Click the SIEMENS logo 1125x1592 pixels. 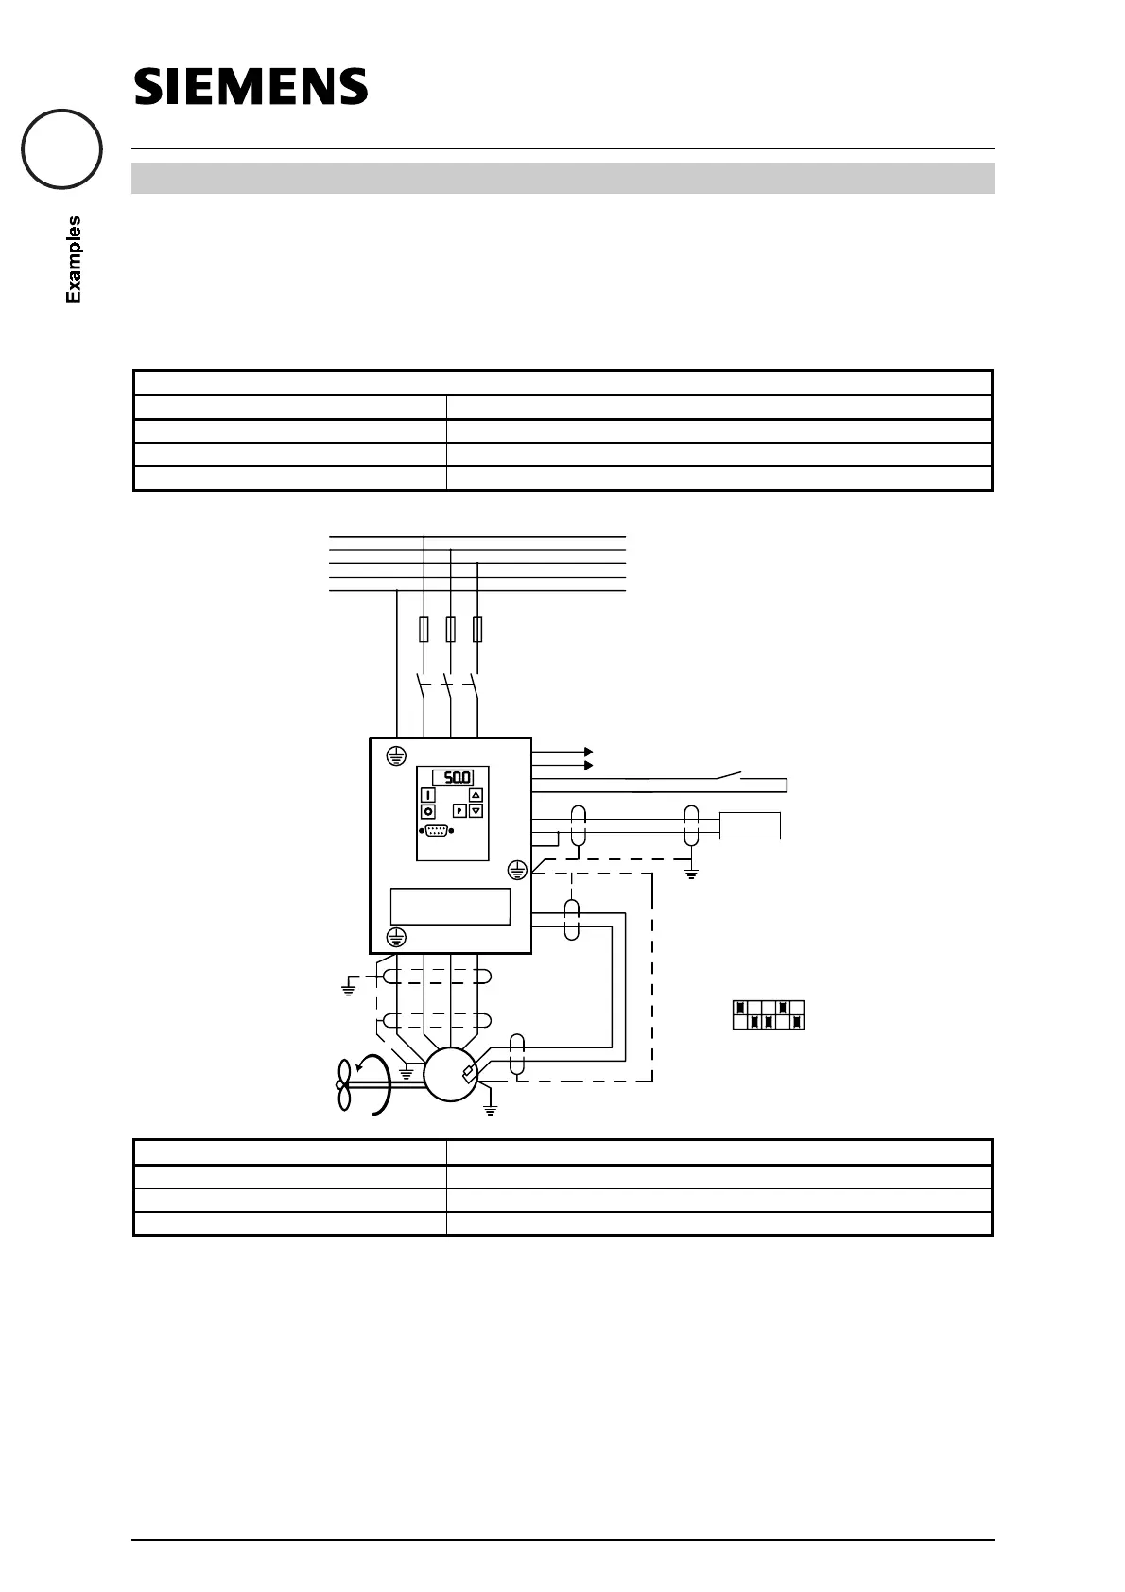251,86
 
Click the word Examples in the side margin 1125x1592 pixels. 73,259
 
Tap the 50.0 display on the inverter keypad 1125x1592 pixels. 454,777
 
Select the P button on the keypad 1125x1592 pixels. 459,810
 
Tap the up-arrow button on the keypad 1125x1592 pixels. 476,795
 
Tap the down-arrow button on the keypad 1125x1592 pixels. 476,810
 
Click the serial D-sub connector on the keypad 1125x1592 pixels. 436,831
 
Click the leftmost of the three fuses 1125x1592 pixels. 424,630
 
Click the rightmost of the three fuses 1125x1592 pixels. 477,630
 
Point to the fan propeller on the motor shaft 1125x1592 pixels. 344,1084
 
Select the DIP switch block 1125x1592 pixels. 768,1014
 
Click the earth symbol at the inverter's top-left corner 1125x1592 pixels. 397,754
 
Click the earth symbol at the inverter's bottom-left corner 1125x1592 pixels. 397,937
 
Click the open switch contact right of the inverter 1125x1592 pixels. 728,776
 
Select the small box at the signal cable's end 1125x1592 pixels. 751,825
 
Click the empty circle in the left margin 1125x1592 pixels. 62,149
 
